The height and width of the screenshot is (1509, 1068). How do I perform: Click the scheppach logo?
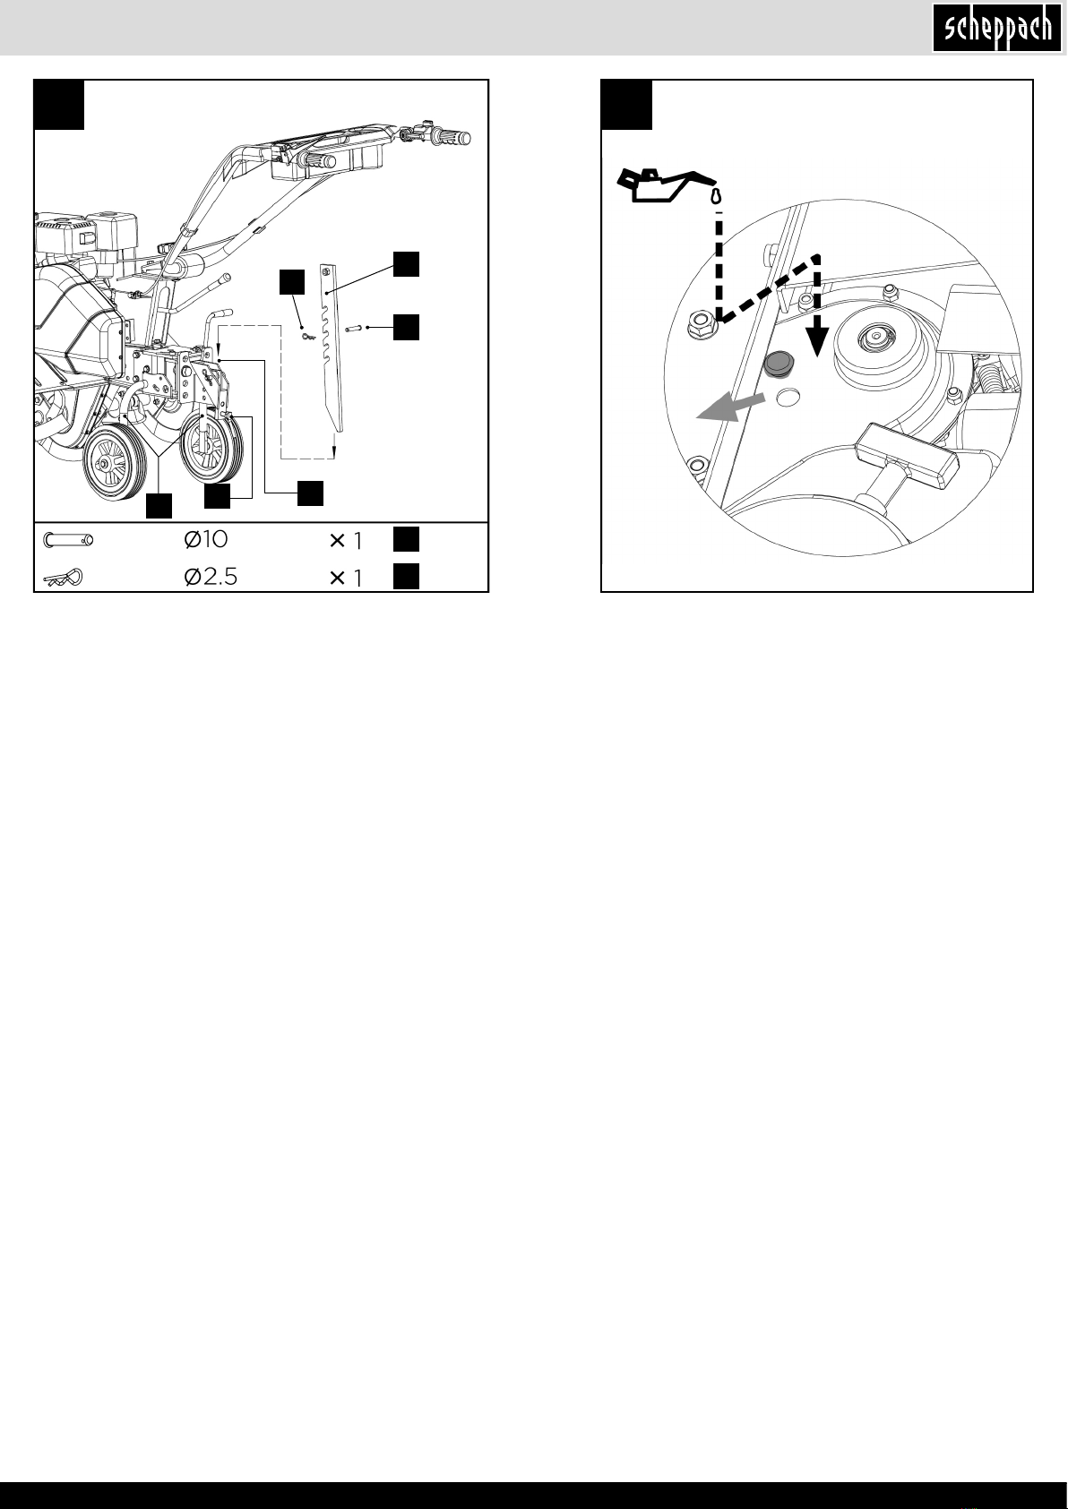pos(997,28)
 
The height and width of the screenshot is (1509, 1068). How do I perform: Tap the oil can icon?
pos(664,185)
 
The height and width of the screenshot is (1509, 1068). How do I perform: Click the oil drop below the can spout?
pos(719,197)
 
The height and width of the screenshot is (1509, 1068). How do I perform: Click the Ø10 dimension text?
pos(205,540)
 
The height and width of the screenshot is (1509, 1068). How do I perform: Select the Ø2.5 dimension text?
pos(211,578)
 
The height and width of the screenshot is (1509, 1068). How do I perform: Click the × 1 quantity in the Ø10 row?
pos(346,541)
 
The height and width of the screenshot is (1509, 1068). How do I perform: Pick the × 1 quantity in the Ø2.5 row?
pos(346,578)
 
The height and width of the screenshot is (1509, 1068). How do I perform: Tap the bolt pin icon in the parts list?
pos(68,540)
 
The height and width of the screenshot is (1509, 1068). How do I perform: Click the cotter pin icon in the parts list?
pos(63,578)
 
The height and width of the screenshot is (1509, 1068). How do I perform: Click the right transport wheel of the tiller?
pos(211,448)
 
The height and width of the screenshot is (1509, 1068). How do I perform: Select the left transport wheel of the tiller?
pos(115,465)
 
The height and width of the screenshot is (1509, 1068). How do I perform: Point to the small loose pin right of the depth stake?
pos(355,328)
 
